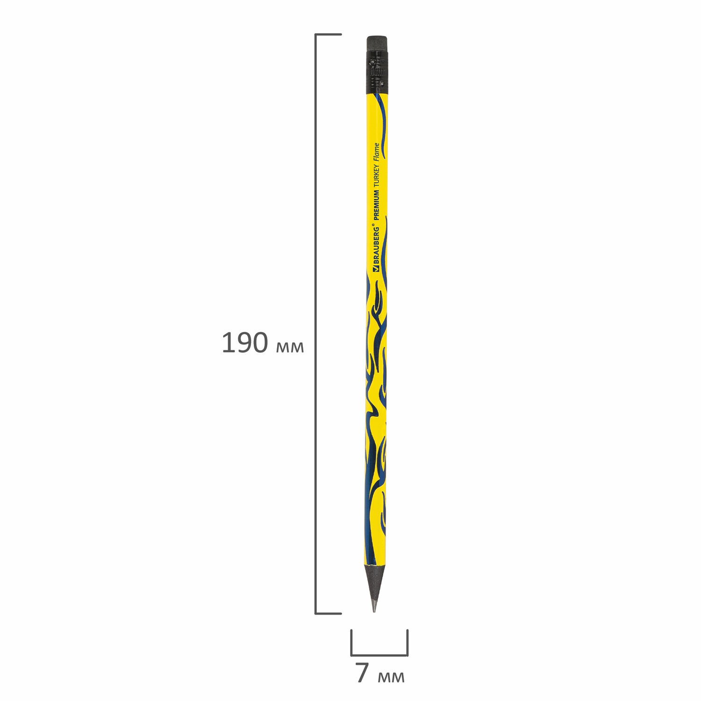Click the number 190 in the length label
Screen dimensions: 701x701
pos(244,343)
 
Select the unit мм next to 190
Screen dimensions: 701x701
pos(290,347)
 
